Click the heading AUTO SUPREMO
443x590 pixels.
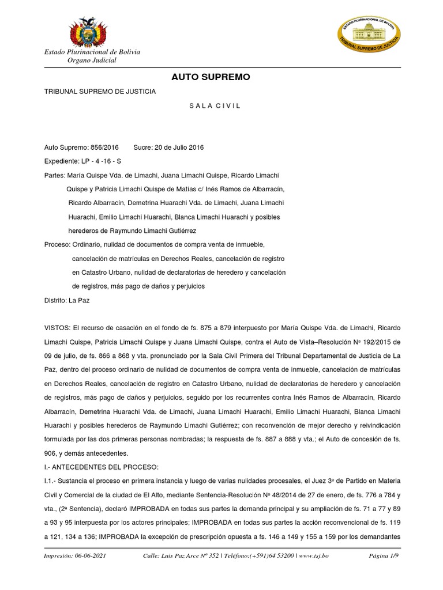tap(211, 77)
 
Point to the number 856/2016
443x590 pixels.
tap(104, 147)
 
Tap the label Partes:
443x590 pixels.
tap(55, 175)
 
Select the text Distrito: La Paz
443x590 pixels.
tap(67, 300)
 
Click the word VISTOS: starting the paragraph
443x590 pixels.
tap(57, 328)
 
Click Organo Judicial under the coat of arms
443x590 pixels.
tap(92, 60)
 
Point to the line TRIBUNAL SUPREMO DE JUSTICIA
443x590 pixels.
tap(100, 91)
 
